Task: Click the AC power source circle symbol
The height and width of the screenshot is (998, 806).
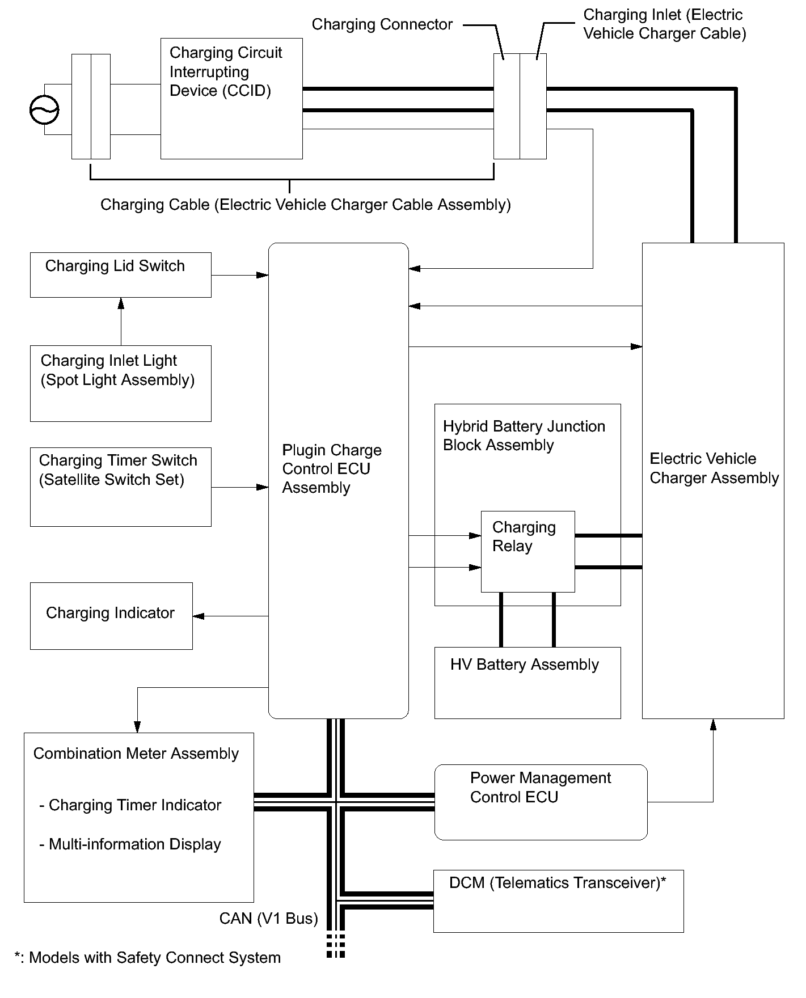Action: pyautogui.click(x=44, y=109)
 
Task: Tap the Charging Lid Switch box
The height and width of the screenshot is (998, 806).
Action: pyautogui.click(x=120, y=275)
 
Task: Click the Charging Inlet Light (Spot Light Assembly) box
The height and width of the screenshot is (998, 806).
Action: pyautogui.click(x=120, y=383)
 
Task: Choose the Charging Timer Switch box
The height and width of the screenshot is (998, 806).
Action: pyautogui.click(x=120, y=487)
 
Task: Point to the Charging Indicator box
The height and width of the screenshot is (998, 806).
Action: pyautogui.click(x=111, y=616)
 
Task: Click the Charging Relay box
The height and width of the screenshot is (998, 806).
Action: pyautogui.click(x=528, y=551)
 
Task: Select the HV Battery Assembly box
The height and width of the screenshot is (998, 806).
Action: pyautogui.click(x=527, y=683)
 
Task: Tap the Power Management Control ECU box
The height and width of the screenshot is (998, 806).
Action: pyautogui.click(x=540, y=802)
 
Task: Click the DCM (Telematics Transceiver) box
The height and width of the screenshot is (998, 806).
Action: pyautogui.click(x=558, y=901)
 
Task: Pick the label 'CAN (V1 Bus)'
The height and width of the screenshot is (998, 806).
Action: pyautogui.click(x=268, y=918)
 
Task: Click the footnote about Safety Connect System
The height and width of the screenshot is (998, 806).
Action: pyautogui.click(x=147, y=958)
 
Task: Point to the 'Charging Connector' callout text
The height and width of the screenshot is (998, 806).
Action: pyautogui.click(x=382, y=24)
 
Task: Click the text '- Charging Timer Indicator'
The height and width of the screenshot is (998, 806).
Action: pyautogui.click(x=130, y=805)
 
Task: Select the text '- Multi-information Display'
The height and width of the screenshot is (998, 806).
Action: pyautogui.click(x=130, y=844)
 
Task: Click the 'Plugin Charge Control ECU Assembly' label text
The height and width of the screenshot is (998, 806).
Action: pyautogui.click(x=331, y=469)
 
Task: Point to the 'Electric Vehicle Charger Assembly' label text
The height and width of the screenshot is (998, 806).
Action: pyautogui.click(x=714, y=468)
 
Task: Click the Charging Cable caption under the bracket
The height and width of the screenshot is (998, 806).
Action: pyautogui.click(x=305, y=205)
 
